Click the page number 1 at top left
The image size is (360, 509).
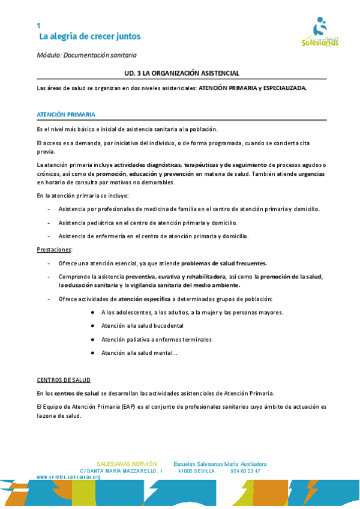[x=38, y=26]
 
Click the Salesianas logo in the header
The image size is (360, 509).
[x=320, y=34]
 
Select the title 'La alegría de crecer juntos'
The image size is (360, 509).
[x=89, y=37]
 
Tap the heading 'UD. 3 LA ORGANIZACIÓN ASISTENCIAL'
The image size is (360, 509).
[x=182, y=73]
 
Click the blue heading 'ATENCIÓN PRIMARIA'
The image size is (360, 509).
[x=65, y=114]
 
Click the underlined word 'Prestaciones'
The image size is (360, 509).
[x=55, y=249]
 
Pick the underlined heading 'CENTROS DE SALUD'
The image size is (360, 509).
[x=64, y=380]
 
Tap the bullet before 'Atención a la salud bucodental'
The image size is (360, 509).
[x=93, y=325]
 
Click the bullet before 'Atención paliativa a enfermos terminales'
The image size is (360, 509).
[x=93, y=339]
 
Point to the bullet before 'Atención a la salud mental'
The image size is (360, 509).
[x=93, y=353]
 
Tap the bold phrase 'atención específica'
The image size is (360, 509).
[x=145, y=299]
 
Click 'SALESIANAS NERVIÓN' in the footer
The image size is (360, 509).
[x=127, y=464]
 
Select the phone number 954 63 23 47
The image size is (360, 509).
[x=245, y=471]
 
